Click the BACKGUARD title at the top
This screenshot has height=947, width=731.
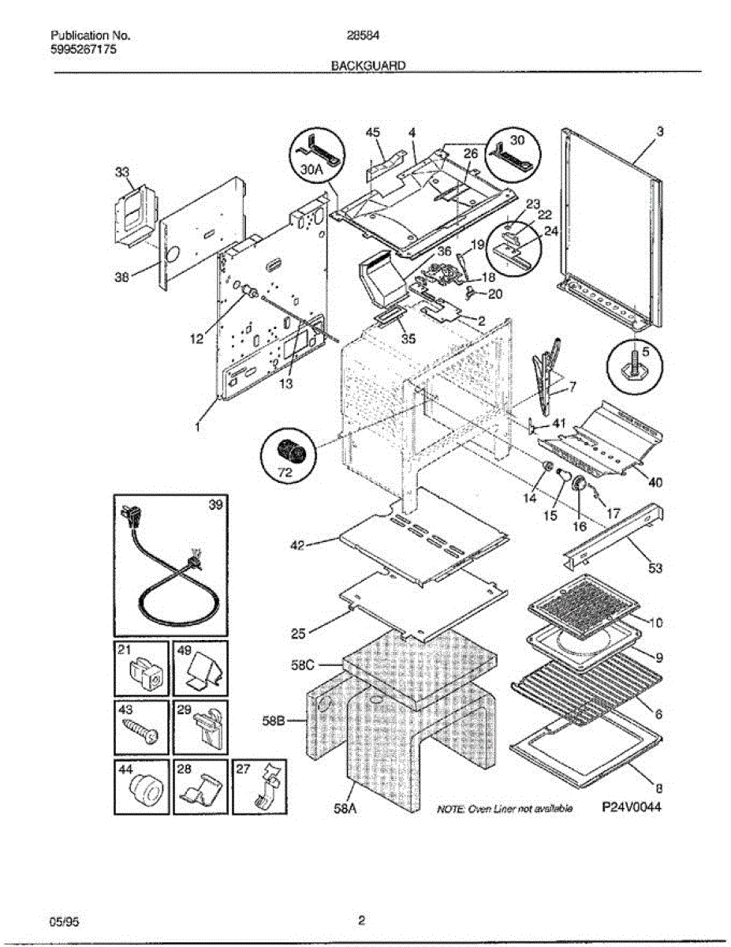(368, 67)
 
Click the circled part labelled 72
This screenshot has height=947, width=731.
(288, 454)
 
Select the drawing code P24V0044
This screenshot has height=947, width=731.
(630, 808)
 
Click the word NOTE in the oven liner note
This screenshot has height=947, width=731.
(450, 810)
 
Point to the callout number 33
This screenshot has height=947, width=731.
(122, 172)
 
